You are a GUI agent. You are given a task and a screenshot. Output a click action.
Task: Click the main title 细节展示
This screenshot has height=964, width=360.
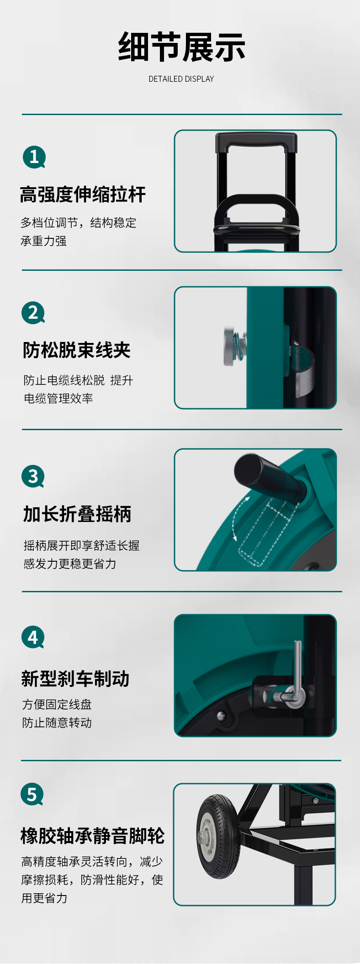point(181,47)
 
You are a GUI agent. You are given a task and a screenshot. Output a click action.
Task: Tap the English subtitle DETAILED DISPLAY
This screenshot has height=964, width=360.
point(181,79)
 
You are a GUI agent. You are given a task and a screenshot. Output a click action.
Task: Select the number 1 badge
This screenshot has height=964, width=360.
point(34,157)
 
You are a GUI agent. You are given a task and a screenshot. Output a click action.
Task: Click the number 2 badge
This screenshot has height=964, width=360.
point(33,313)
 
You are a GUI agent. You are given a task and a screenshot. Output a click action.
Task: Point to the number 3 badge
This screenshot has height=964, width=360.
point(33,476)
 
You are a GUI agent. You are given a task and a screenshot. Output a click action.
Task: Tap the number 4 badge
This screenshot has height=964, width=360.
point(33,637)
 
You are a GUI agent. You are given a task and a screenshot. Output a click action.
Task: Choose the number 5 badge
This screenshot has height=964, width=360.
point(32,795)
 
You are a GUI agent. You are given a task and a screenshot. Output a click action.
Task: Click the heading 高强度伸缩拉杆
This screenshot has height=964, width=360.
point(83,195)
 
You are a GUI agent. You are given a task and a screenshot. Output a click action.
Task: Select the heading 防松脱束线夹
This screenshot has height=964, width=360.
point(77,350)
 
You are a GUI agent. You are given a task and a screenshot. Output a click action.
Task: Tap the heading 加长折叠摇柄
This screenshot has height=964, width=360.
point(77,514)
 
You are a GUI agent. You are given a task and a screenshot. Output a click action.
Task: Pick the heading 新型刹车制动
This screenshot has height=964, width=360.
point(75,679)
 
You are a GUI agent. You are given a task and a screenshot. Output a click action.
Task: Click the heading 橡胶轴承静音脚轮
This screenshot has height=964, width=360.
point(92,836)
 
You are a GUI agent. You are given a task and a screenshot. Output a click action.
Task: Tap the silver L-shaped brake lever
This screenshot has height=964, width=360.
point(296,676)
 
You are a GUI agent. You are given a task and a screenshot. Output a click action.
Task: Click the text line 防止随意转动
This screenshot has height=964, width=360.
point(57,723)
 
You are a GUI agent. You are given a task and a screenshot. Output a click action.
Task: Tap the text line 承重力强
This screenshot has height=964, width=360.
point(43,241)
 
